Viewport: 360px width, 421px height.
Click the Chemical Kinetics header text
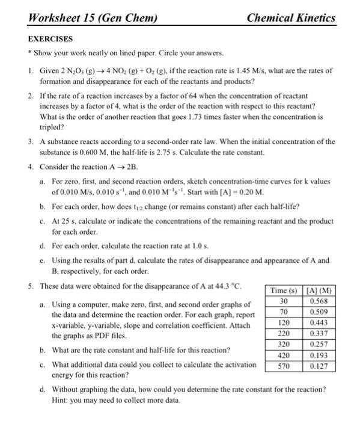pyautogui.click(x=291, y=19)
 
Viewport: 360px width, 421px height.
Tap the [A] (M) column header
pyautogui.click(x=320, y=291)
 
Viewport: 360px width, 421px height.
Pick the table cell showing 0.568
pyautogui.click(x=320, y=301)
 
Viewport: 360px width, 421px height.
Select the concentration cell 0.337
pyautogui.click(x=320, y=333)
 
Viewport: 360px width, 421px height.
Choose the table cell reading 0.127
pyautogui.click(x=320, y=365)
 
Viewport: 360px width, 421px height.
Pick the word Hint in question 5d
pyautogui.click(x=61, y=399)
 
